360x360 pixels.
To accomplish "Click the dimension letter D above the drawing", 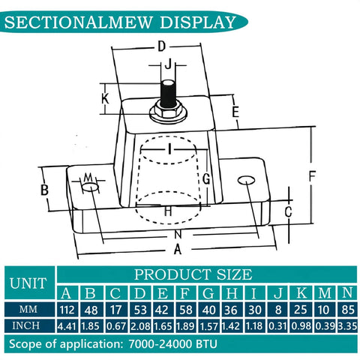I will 161,47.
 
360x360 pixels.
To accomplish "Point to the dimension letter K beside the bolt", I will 106,97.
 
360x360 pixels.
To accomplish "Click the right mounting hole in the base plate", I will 245,181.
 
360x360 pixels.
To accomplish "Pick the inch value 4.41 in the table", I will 67,326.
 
